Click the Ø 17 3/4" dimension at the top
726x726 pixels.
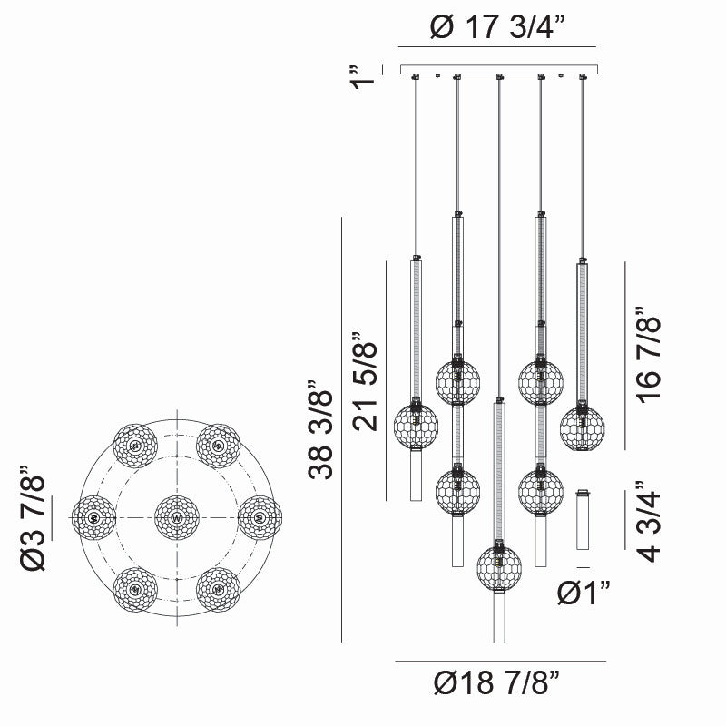497,28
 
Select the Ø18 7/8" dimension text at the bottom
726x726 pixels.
498,680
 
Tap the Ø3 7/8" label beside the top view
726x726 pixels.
37,518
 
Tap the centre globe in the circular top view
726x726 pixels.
175,518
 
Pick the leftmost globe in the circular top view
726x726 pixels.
93,518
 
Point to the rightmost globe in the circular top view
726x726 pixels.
259,518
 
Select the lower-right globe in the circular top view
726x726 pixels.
217,590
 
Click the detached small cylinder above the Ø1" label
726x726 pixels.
583,519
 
